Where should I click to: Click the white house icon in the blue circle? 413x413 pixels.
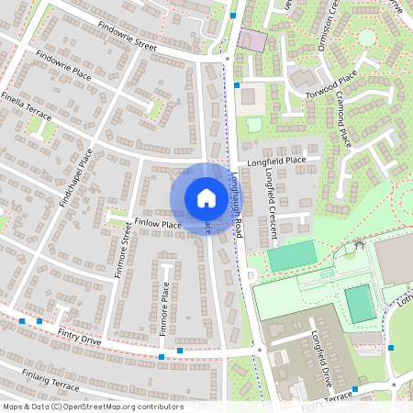click(x=206, y=197)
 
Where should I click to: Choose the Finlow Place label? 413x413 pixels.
click(x=158, y=223)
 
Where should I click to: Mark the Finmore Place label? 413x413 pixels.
click(x=165, y=304)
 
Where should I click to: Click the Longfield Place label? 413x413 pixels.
click(x=283, y=160)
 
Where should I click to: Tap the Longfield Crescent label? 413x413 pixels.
click(x=273, y=211)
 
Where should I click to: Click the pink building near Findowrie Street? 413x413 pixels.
click(x=251, y=40)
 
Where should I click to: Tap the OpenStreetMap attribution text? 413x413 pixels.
click(x=92, y=407)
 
